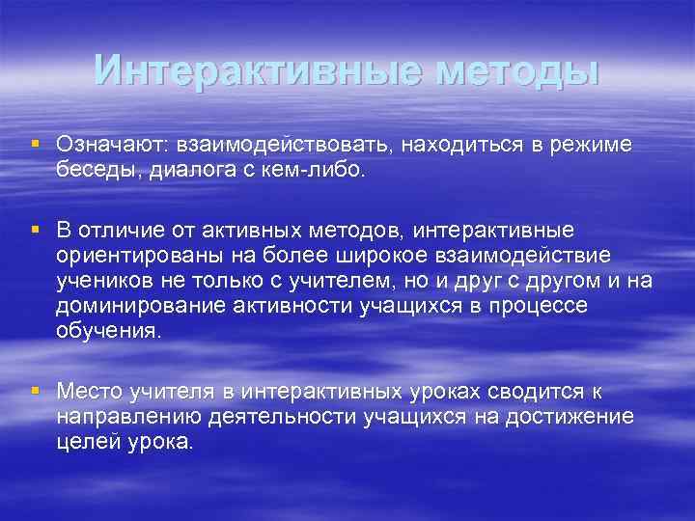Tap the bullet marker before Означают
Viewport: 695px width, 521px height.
[x=36, y=143]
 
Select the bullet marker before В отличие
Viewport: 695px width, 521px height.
[x=36, y=230]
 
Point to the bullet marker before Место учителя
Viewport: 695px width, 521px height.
[x=36, y=390]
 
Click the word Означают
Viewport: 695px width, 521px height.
[x=112, y=144]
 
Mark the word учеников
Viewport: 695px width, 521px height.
[x=98, y=281]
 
